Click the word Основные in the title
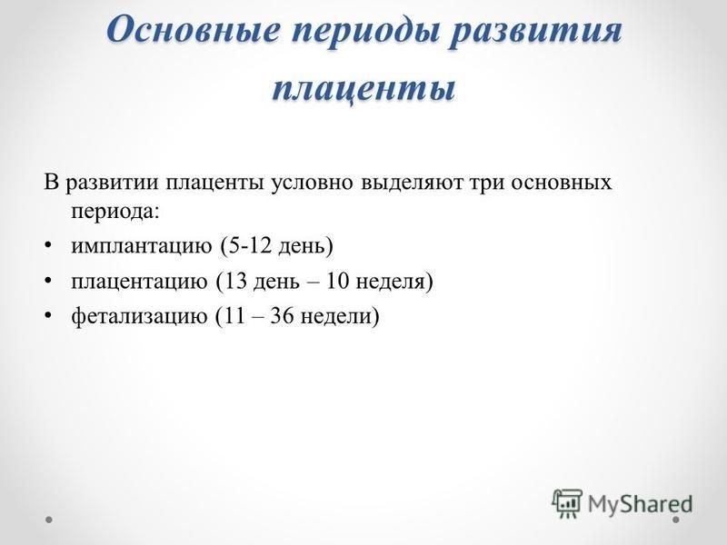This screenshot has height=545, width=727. (194, 29)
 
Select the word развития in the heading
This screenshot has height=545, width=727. (536, 33)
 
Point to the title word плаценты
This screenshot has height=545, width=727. (363, 88)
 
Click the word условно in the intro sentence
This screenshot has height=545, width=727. (313, 183)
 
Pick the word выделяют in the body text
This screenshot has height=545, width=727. (412, 183)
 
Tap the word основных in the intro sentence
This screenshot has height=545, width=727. (561, 183)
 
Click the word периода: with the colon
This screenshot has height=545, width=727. (115, 212)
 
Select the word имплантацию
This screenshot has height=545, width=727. (141, 246)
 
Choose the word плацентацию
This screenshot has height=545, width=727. (139, 282)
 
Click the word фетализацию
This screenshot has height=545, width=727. (139, 316)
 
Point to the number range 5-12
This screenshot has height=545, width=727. (246, 245)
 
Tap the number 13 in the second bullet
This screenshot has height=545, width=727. (236, 281)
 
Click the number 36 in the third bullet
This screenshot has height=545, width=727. (282, 316)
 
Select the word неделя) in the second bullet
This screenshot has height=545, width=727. (394, 282)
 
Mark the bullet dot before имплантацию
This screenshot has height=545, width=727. (48, 246)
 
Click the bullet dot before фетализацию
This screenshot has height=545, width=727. (48, 316)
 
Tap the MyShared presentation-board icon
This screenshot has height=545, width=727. (567, 503)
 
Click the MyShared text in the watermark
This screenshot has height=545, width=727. (640, 504)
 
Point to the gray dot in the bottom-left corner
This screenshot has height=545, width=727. (49, 520)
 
